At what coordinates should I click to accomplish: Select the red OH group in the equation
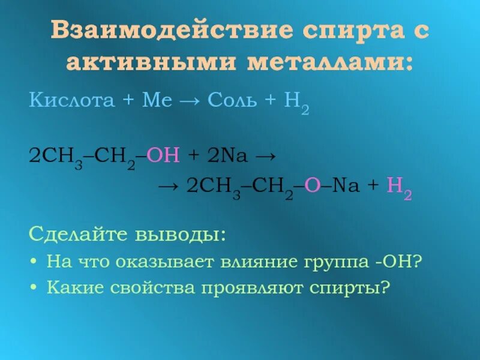click(163, 155)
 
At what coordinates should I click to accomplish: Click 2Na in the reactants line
click(226, 155)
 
